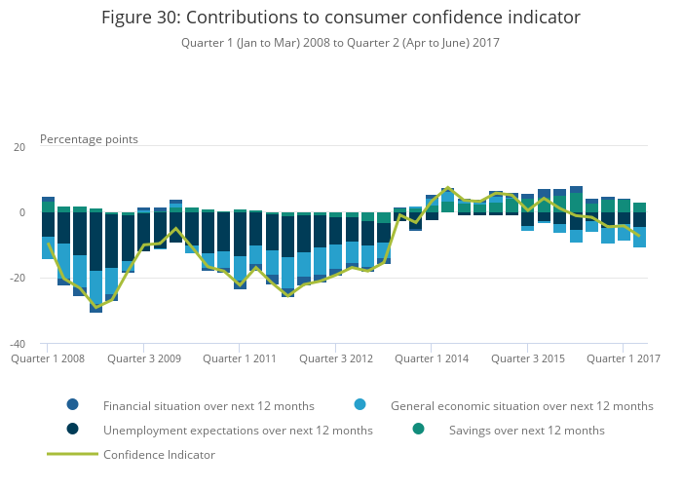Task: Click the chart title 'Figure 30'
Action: click(x=340, y=17)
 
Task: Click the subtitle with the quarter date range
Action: click(x=340, y=43)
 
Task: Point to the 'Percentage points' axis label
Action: click(x=89, y=139)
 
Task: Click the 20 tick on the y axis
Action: click(x=19, y=147)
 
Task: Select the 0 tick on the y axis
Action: click(x=22, y=212)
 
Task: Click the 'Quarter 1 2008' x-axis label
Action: click(x=48, y=358)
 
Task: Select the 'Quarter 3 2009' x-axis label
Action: click(x=144, y=358)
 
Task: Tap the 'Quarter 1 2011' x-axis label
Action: click(x=240, y=358)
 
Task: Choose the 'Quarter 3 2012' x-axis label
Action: click(x=336, y=358)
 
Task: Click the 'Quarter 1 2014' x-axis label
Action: click(x=432, y=358)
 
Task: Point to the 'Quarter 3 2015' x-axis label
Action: click(x=528, y=358)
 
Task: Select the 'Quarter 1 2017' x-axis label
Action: click(x=624, y=358)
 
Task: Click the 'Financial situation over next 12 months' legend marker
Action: click(x=73, y=405)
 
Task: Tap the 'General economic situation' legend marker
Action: click(x=360, y=405)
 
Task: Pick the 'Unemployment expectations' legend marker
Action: click(x=73, y=430)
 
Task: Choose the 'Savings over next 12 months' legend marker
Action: click(x=419, y=430)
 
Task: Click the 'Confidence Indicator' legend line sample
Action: click(x=73, y=454)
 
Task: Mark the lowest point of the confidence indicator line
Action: click(x=95, y=308)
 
